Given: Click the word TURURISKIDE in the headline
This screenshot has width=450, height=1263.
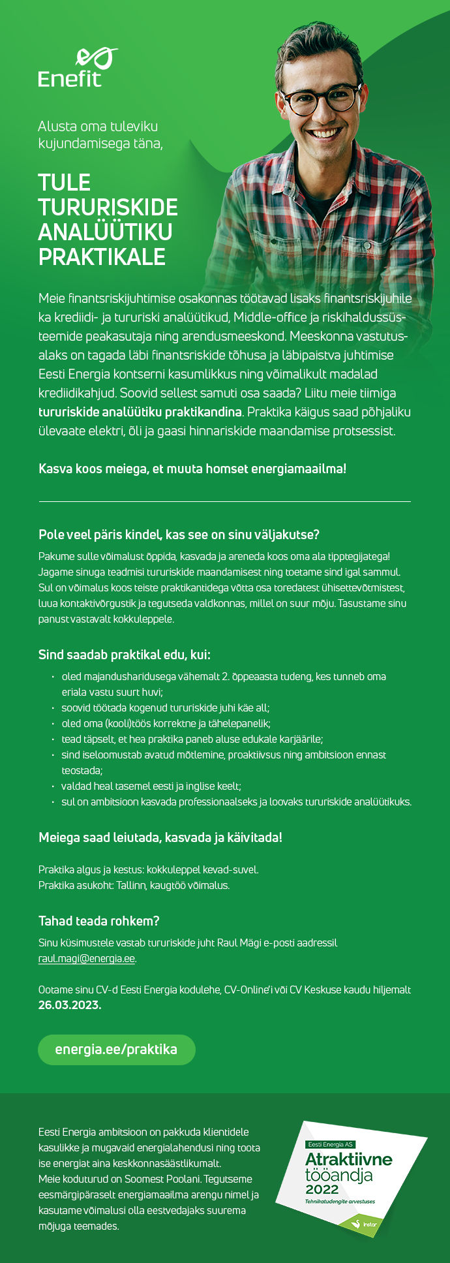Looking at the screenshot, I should (108, 208).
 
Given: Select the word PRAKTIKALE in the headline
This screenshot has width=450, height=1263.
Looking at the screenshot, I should (102, 257).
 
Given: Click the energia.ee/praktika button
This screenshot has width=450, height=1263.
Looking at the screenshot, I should (116, 1050).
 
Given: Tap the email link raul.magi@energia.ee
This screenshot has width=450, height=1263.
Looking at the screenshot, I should (87, 959).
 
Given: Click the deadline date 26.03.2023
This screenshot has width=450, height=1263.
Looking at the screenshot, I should (70, 1005).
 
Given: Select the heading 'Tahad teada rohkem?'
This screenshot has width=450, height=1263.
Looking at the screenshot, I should (99, 921).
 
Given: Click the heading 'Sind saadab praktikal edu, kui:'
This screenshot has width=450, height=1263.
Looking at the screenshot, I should (125, 655).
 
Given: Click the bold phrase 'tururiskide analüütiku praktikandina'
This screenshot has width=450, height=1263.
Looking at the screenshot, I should (140, 413).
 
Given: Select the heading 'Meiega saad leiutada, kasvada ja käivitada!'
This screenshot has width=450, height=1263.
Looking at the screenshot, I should (160, 837).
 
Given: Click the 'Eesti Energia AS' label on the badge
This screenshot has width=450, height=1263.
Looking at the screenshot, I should (331, 1145).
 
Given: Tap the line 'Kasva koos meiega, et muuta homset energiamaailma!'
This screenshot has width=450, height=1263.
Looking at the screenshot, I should (192, 469).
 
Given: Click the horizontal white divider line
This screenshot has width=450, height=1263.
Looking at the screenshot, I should (225, 501).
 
